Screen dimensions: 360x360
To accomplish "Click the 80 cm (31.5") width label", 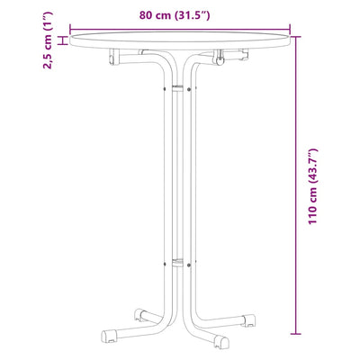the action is click(x=175, y=15).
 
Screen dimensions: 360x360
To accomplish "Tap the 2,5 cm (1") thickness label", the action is click(x=48, y=40).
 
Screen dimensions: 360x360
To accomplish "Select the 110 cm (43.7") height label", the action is click(x=312, y=186).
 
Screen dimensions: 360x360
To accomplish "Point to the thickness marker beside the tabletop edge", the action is click(x=63, y=40).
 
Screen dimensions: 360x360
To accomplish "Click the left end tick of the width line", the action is click(x=70, y=30).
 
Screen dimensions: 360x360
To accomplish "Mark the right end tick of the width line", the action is click(x=290, y=30).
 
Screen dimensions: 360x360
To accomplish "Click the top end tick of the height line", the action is click(x=295, y=37).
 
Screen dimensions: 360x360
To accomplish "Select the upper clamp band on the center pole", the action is click(x=177, y=88).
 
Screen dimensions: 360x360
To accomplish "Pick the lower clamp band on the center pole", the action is click(x=177, y=263).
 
